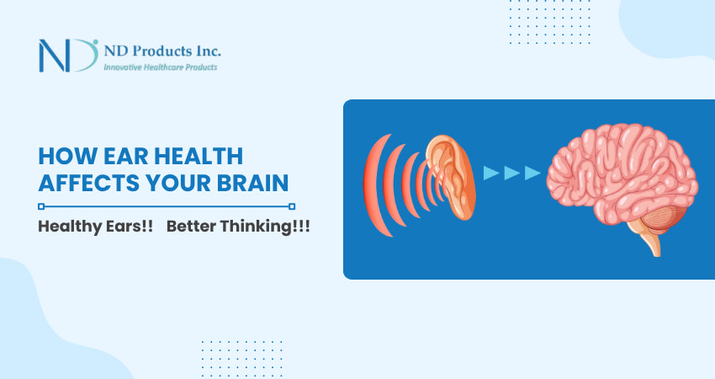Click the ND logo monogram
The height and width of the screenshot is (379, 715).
67,55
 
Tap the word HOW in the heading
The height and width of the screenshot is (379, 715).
66,156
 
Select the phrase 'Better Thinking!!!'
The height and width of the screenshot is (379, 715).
238,229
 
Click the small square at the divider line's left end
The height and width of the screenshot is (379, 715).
41,206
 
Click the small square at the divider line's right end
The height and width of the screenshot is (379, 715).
292,206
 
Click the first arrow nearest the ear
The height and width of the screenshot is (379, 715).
491,173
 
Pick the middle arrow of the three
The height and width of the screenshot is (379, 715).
511,173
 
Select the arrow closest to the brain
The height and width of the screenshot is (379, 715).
532,173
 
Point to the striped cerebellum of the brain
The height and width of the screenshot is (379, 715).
665,221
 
